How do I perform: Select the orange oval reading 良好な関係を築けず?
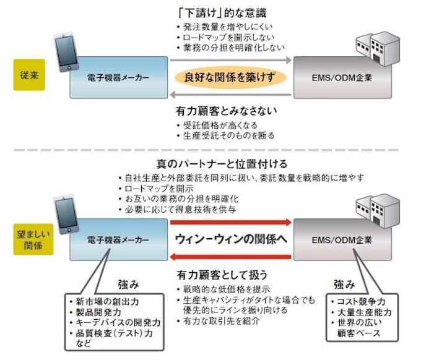[x=230, y=78]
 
